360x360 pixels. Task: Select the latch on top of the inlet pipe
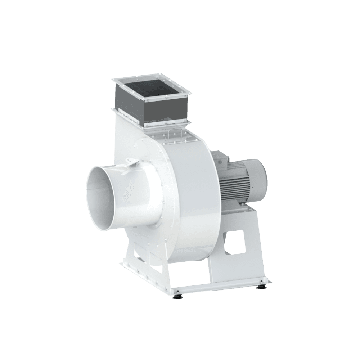click(x=132, y=164)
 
